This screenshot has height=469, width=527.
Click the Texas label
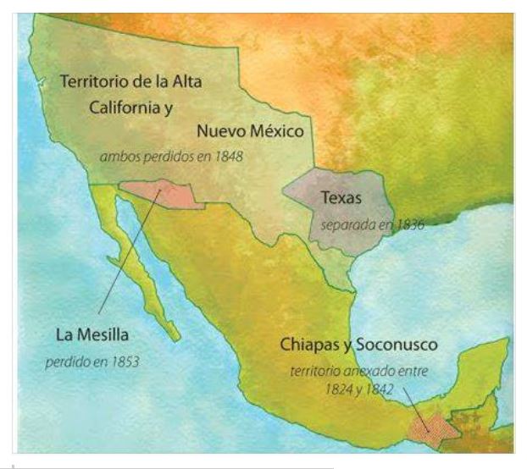341,198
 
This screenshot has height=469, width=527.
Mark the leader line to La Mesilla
127,254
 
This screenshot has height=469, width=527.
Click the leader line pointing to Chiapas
413,404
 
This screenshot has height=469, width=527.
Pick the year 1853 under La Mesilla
123,361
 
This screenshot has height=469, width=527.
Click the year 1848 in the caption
227,157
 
